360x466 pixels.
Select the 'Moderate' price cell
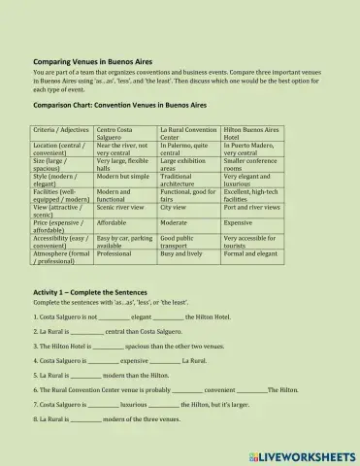tap(175, 221)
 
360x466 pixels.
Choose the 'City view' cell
tap(173, 207)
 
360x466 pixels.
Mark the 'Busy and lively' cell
tap(180, 252)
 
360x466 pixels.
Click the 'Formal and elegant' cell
tap(251, 252)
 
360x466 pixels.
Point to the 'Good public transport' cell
tap(181, 241)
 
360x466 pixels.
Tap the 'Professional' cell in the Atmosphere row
tap(115, 252)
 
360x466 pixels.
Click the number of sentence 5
tap(36, 374)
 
